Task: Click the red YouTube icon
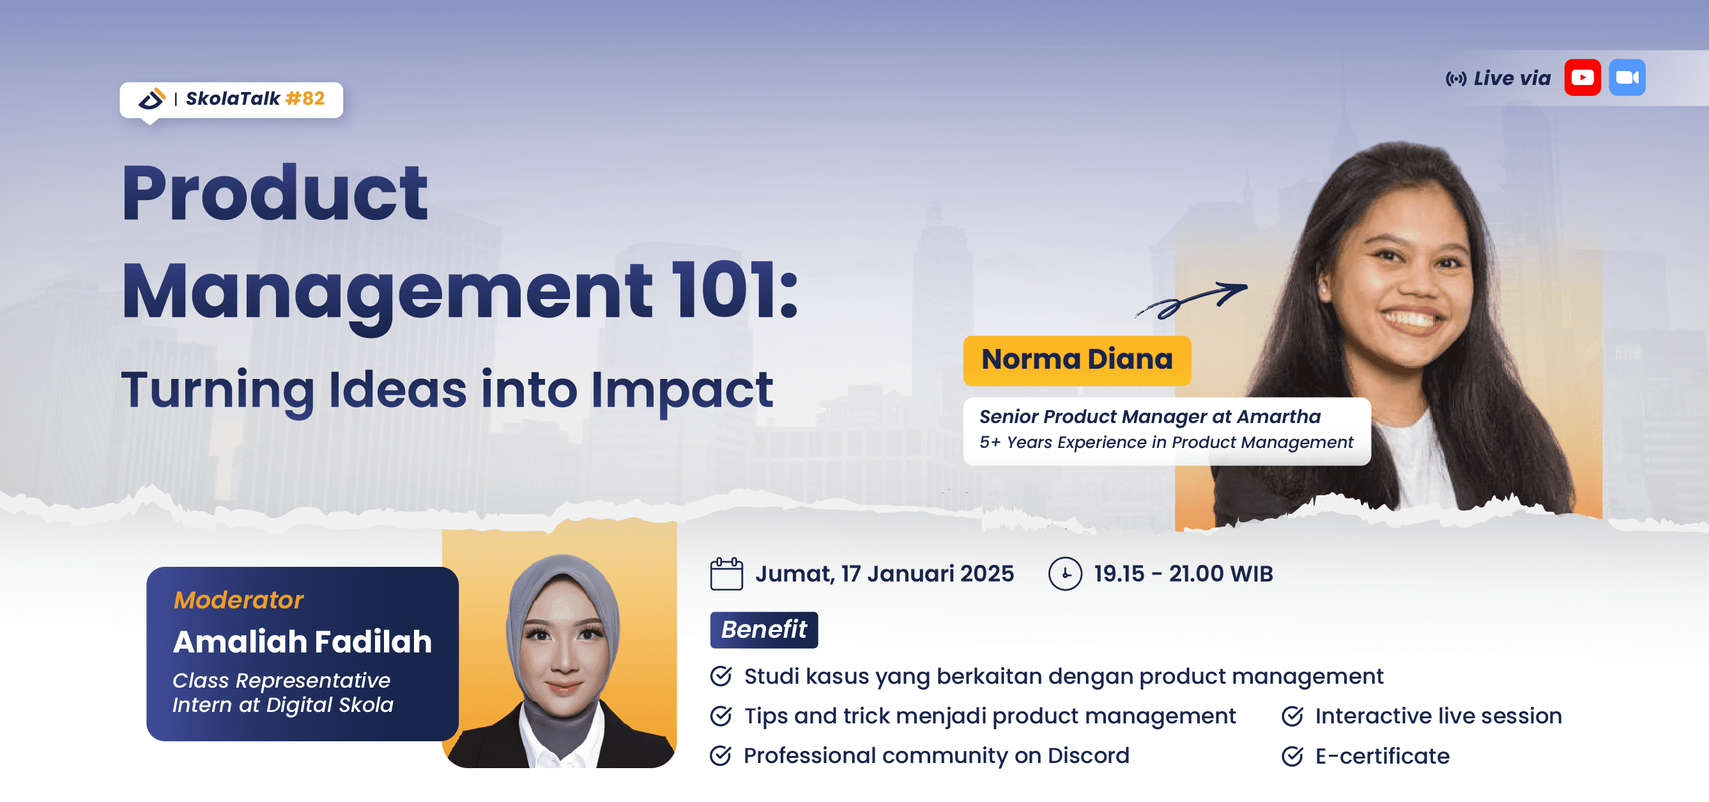[x=1582, y=77]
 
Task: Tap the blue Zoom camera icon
[x=1627, y=77]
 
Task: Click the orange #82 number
[x=305, y=99]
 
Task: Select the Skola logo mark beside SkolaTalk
[x=151, y=100]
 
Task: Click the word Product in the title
[x=275, y=194]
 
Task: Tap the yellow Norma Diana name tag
[x=1076, y=360]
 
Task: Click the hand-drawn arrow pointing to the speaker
[x=1191, y=299]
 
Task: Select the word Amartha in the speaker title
[x=1278, y=417]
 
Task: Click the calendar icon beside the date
[x=726, y=574]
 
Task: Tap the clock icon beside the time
[x=1065, y=574]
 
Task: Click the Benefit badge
[x=763, y=629]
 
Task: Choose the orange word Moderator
[x=238, y=599]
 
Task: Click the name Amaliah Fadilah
[x=302, y=642]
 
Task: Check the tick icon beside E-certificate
[x=1292, y=756]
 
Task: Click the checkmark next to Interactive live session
[x=1292, y=716]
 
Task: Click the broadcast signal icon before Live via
[x=1455, y=80]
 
